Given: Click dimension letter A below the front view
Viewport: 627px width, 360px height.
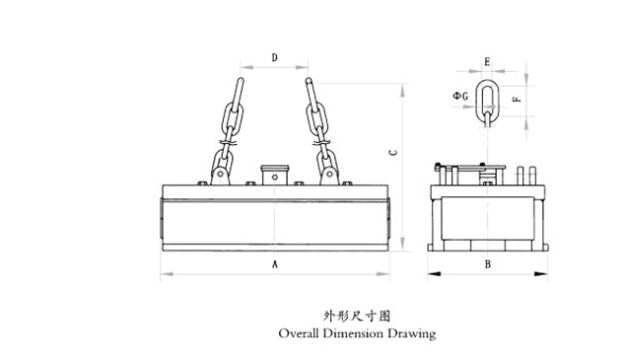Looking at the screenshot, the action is coord(274,264).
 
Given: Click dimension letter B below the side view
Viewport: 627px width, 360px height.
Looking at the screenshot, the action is coord(487,264).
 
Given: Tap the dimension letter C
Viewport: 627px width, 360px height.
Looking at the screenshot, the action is coord(393,153).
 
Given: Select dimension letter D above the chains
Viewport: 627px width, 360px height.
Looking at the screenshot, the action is coord(274,57).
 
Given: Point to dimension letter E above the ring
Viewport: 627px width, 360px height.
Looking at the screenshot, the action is coord(487,62).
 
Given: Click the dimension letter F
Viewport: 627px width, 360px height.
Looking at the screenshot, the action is coord(517,98).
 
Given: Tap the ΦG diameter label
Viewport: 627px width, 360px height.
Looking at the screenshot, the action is coord(460,96).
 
